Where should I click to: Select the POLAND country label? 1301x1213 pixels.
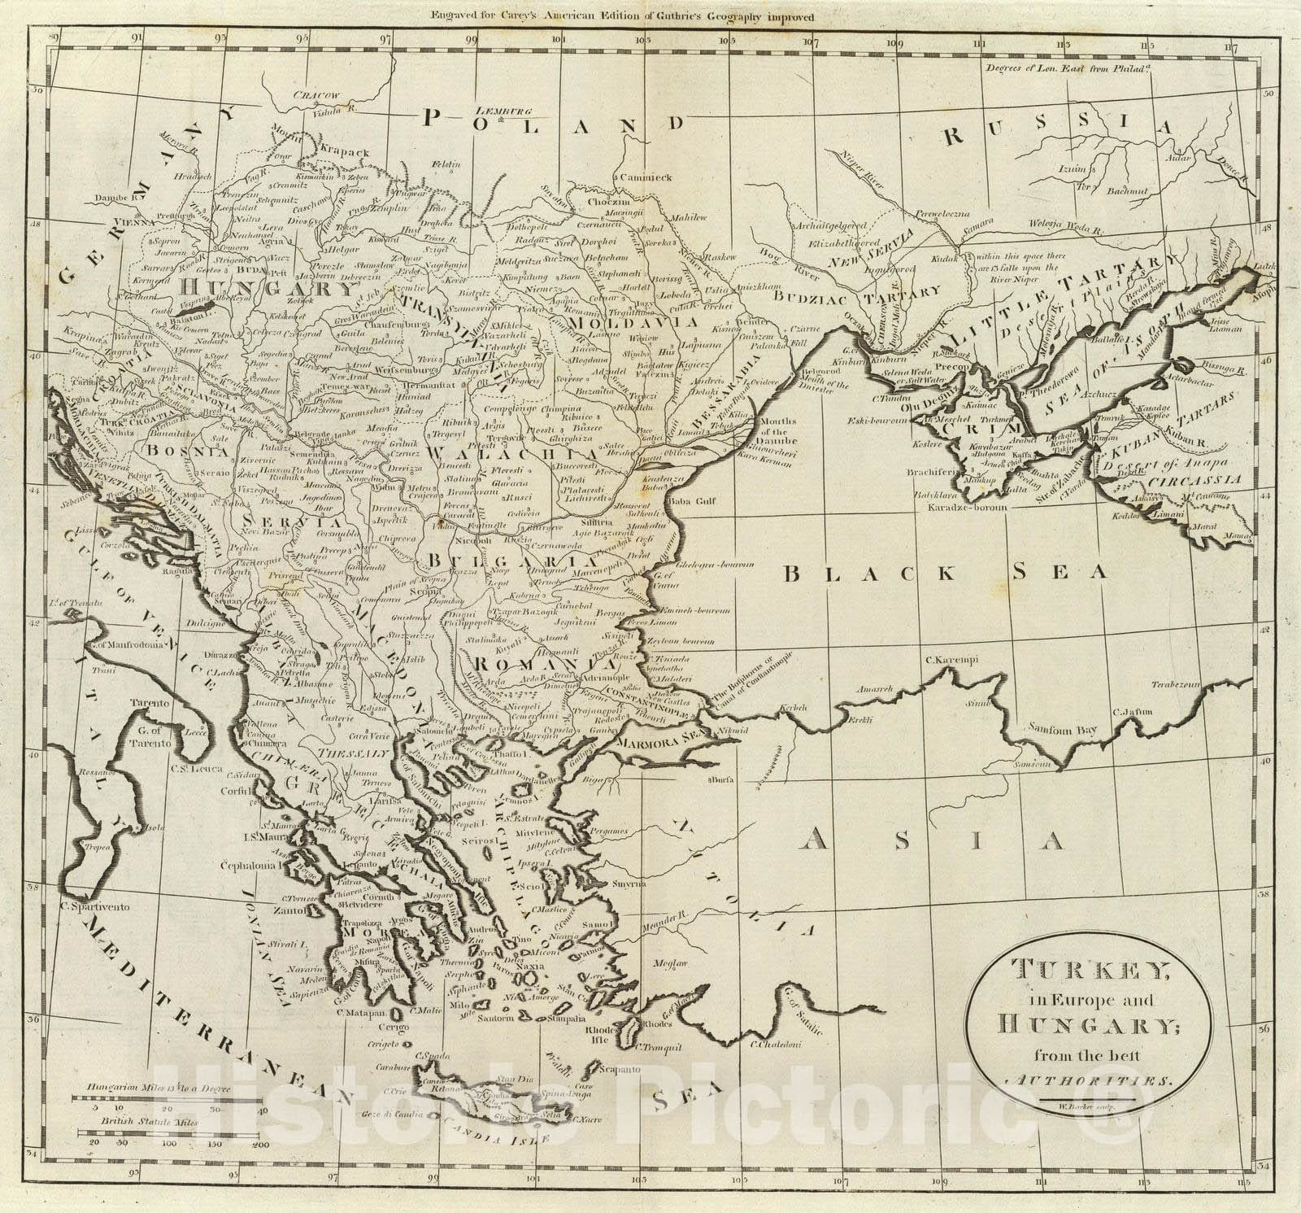tap(553, 122)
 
